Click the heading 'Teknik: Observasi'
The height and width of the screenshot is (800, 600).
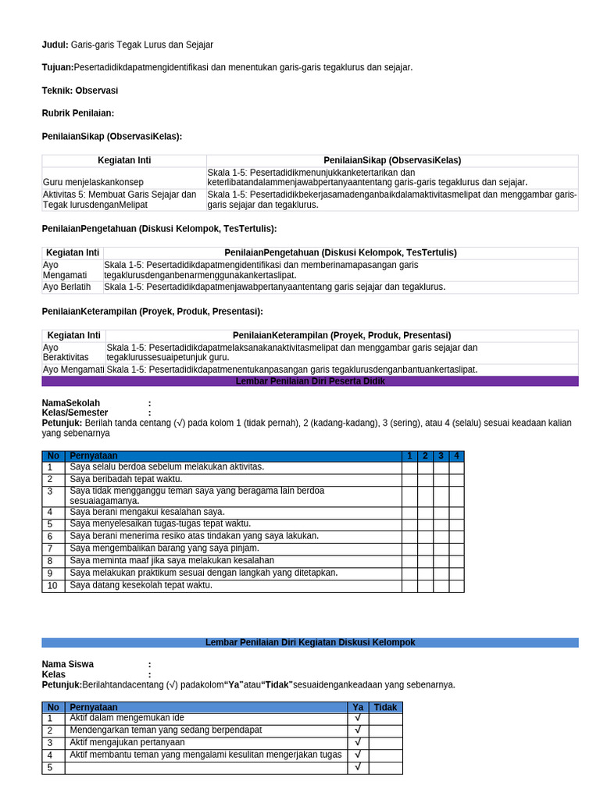click(80, 91)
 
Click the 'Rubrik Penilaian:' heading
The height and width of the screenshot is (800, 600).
click(78, 113)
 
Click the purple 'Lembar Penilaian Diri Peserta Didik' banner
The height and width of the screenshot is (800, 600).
click(310, 381)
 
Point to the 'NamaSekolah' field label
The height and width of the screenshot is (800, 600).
click(71, 403)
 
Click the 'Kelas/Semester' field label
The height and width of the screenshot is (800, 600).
click(75, 412)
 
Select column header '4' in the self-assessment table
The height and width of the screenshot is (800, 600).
click(456, 455)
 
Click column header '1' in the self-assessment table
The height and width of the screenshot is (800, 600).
click(409, 455)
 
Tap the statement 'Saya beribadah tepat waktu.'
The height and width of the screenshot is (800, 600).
click(126, 479)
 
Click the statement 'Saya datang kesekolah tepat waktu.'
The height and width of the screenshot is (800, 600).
click(141, 585)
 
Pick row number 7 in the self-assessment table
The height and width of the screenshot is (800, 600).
click(50, 548)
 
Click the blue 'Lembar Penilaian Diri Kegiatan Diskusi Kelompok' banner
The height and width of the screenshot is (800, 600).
click(310, 642)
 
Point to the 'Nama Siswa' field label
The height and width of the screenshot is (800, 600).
click(68, 664)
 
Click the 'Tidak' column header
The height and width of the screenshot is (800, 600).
click(385, 707)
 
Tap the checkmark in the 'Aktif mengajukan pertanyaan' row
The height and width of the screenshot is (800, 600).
click(357, 742)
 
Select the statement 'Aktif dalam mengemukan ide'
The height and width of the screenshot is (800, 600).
click(127, 718)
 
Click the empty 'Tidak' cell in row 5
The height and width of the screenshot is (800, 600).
click(385, 768)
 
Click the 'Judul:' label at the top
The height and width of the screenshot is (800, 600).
click(55, 45)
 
